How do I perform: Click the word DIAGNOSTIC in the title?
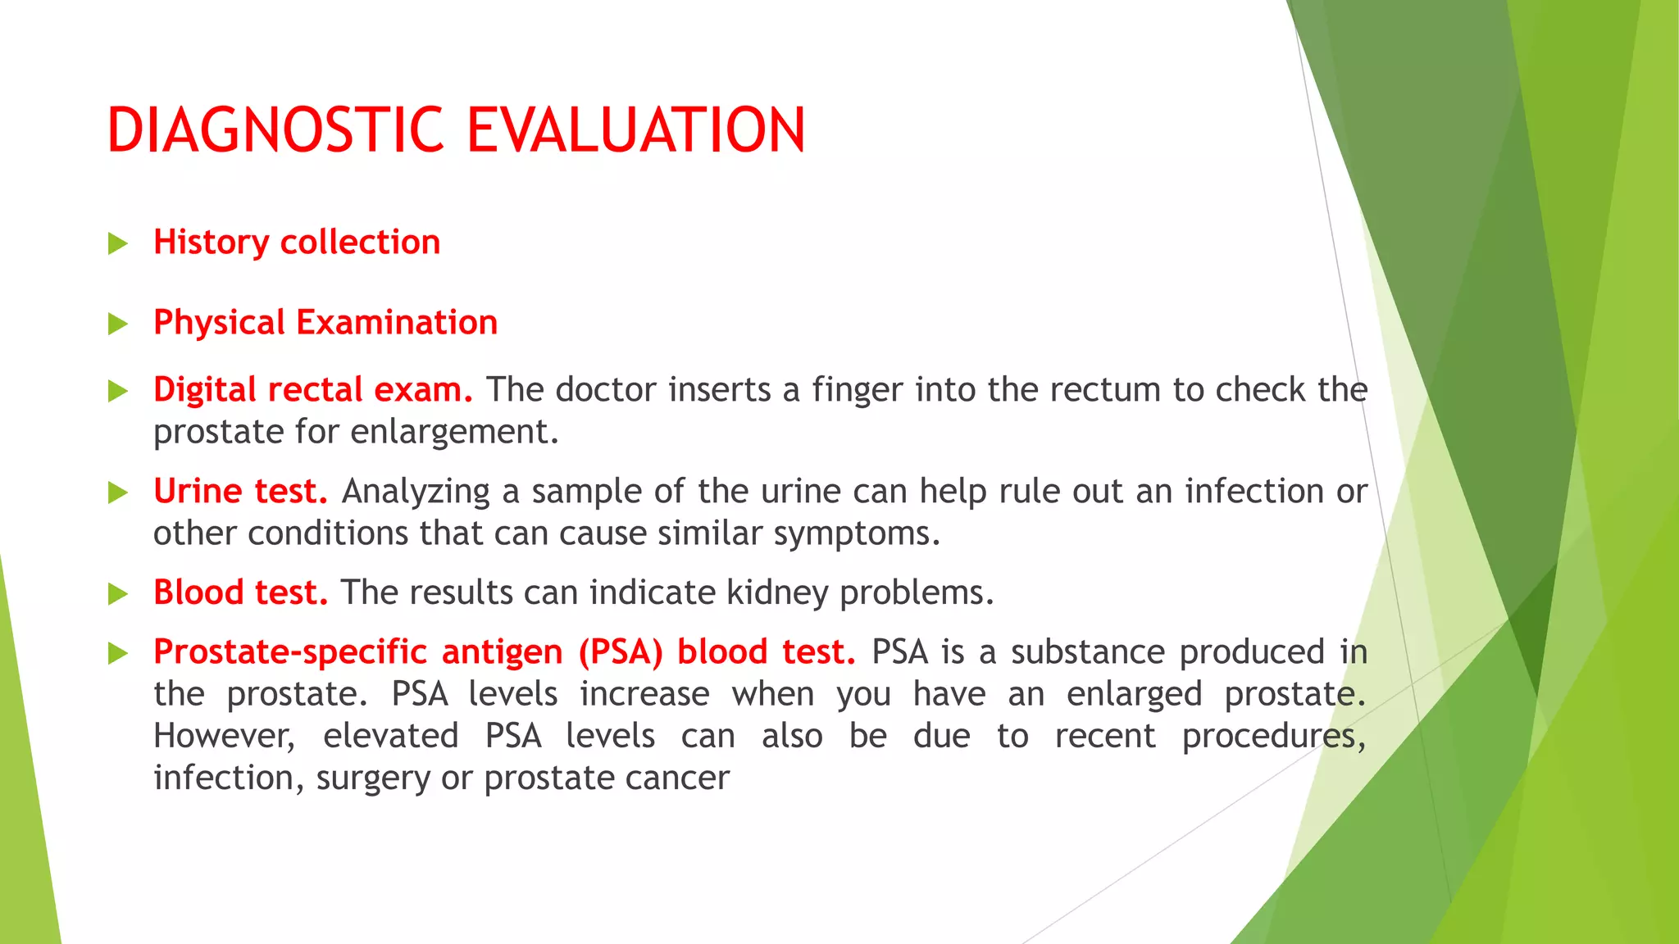[275, 130]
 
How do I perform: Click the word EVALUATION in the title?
[636, 130]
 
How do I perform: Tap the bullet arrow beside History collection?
[118, 243]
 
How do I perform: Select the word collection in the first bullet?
[360, 243]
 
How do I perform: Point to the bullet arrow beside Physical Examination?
[118, 324]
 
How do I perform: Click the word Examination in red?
[397, 323]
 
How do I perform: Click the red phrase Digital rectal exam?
[312, 390]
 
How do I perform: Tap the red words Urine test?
[240, 492]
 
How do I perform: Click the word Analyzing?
[416, 492]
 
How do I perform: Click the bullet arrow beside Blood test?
[118, 594]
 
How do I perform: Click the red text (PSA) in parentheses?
[620, 652]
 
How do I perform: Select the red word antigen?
[502, 652]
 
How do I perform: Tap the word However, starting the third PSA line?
[224, 736]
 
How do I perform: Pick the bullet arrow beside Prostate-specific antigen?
[118, 653]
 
